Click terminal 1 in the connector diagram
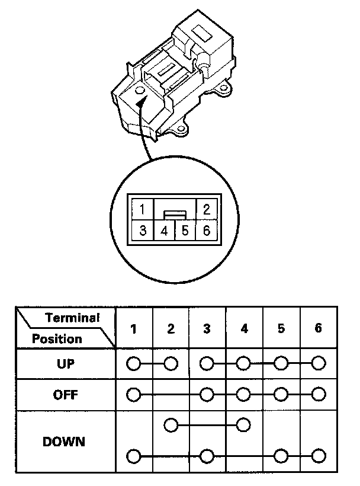coord(143,209)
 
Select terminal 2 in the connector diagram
coord(207,209)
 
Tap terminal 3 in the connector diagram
coord(143,231)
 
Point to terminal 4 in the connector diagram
coord(165,231)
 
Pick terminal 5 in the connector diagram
coord(185,231)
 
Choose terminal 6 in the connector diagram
coord(207,231)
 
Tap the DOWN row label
coord(64,442)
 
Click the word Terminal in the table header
coord(72,318)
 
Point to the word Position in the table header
coord(57,339)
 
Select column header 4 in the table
coord(245,328)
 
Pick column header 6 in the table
coord(319,328)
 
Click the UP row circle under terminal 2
coord(171,363)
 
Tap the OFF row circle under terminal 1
coord(134,394)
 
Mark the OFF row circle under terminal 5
coord(282,394)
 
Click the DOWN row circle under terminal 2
coord(171,425)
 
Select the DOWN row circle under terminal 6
coord(319,456)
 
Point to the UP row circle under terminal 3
coord(207,363)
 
